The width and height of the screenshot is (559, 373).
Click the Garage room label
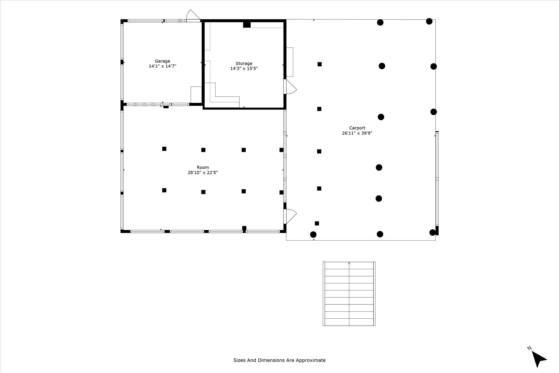click(162, 61)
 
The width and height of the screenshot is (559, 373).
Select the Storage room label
click(244, 64)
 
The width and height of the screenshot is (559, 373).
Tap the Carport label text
click(357, 128)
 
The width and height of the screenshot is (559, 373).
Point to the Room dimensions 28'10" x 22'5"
click(203, 173)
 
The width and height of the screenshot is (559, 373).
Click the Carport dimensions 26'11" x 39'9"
click(357, 133)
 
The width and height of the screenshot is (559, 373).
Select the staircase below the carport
click(349, 294)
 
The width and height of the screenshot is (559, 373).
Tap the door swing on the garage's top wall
click(193, 15)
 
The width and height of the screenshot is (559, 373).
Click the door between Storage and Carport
click(290, 87)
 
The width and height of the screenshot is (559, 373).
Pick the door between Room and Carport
click(290, 216)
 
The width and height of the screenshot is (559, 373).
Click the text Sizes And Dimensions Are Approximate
click(279, 360)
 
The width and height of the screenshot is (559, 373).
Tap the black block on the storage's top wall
click(247, 25)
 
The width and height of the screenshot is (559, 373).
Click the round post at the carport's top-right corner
click(429, 21)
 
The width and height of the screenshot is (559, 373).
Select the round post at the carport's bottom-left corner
click(313, 235)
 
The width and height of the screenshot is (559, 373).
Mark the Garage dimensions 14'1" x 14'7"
click(162, 66)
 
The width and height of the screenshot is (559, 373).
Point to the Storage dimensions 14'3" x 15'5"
click(244, 69)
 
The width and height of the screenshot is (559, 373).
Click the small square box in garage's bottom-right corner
click(196, 94)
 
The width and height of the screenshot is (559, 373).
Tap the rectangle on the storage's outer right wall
click(290, 62)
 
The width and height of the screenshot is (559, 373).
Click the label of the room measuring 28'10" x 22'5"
click(203, 167)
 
